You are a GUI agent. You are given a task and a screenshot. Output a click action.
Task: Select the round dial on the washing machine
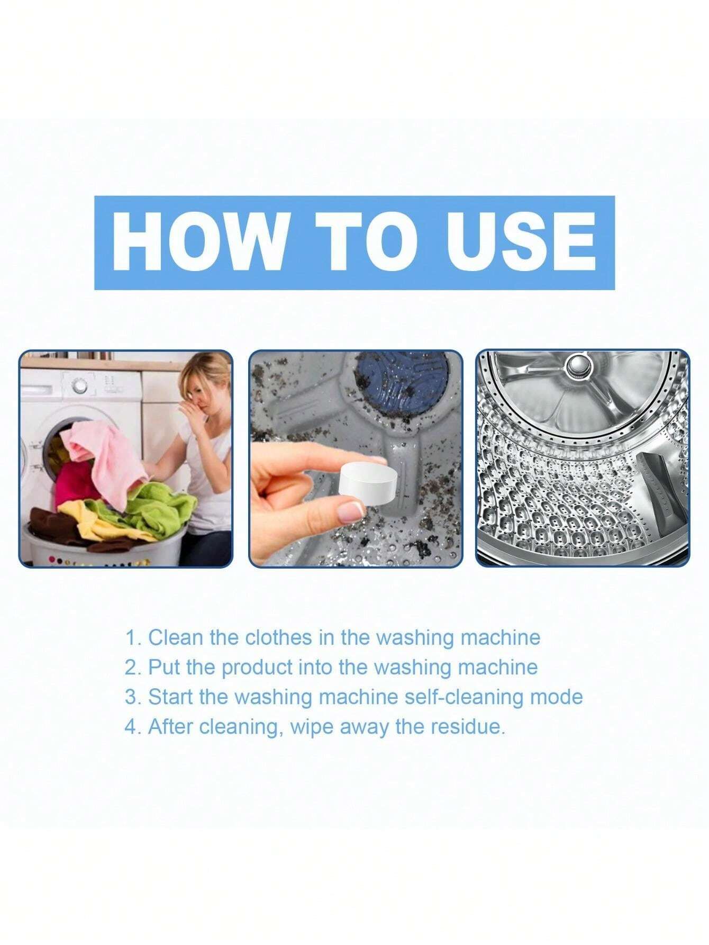79,386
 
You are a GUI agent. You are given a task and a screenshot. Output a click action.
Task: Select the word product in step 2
257,668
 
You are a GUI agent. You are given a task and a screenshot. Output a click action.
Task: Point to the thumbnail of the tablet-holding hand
356,458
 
